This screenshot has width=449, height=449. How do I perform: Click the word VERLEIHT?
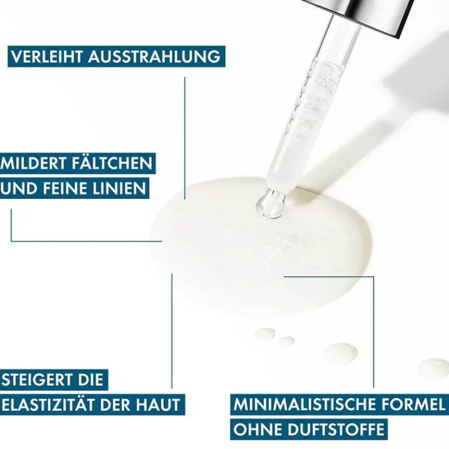click(x=47, y=57)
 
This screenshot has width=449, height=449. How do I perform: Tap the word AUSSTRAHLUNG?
click(x=155, y=57)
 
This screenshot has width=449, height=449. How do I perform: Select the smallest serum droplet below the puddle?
click(x=286, y=341)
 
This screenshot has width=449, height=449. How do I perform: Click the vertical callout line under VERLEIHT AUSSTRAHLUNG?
click(x=185, y=138)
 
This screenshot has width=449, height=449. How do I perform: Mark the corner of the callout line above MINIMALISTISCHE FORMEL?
click(x=374, y=277)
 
